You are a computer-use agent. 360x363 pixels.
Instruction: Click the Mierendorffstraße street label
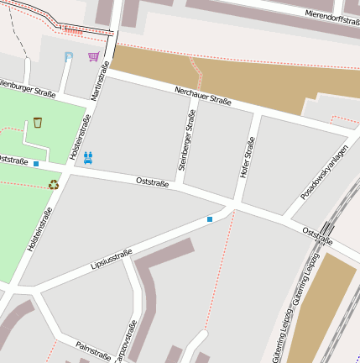(x=332, y=14)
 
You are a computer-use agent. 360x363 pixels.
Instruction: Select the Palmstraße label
(x=92, y=350)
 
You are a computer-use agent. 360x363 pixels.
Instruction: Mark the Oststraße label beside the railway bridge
(x=317, y=235)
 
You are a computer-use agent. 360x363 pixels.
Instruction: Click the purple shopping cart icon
(x=93, y=57)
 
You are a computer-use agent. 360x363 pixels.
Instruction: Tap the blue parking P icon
(x=69, y=57)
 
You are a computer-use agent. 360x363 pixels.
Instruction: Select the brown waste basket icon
(x=38, y=124)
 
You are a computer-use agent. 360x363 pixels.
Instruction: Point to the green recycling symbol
(x=53, y=184)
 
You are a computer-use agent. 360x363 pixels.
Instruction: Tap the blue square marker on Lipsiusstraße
(x=210, y=219)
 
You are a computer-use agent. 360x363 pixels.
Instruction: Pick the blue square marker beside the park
(x=36, y=164)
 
